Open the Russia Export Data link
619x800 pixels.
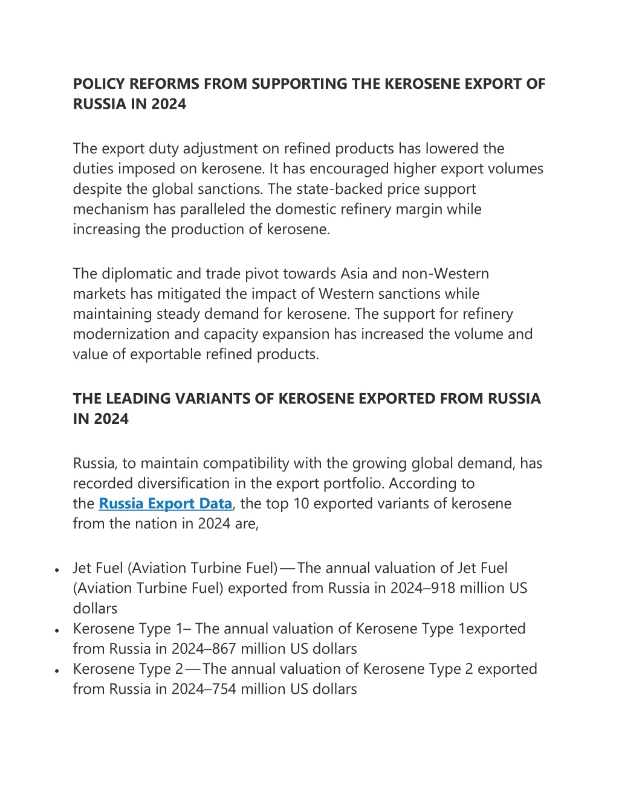pyautogui.click(x=165, y=504)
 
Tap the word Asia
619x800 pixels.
pyautogui.click(x=354, y=274)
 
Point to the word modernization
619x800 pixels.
pyautogui.click(x=119, y=334)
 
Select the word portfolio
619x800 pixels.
pyautogui.click(x=356, y=484)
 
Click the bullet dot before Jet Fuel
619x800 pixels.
pyautogui.click(x=56, y=569)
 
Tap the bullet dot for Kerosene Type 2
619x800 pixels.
pyautogui.click(x=56, y=670)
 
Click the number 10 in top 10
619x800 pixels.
pyautogui.click(x=301, y=504)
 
